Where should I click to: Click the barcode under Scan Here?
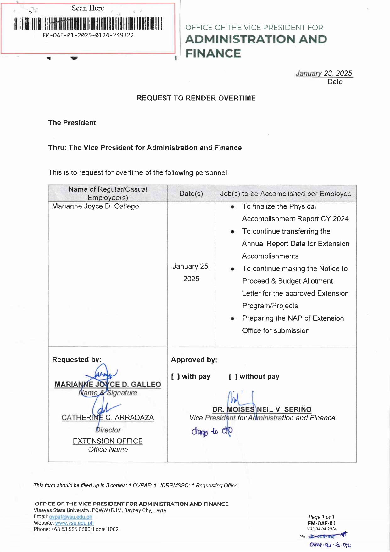88,24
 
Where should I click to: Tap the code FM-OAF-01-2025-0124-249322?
88,35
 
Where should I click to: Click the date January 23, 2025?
324,73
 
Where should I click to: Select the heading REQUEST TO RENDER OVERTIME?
196,98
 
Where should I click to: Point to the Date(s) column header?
191,194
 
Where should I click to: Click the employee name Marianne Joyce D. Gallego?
95,206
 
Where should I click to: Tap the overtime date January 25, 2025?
191,273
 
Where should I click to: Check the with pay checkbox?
175,377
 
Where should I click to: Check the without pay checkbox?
233,377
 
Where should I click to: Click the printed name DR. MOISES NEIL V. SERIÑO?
262,409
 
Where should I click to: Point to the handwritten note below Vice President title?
212,431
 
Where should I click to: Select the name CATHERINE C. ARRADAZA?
108,418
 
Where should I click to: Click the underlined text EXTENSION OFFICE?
108,441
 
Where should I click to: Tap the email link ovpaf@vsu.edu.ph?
70,517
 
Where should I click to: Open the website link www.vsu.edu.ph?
74,523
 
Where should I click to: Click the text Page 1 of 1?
321,517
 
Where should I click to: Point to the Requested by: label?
77,360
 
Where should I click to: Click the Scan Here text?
88,8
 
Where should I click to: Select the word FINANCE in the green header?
213,54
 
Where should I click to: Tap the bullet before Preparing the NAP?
232,318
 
